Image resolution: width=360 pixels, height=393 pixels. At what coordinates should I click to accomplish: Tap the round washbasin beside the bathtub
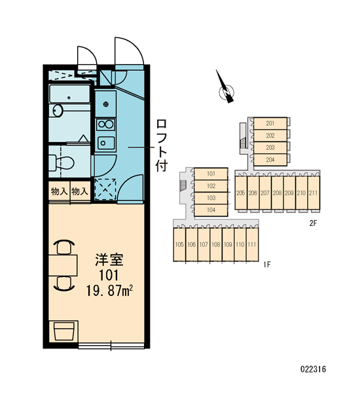click(58, 110)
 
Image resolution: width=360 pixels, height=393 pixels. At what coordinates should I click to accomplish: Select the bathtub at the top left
click(69, 94)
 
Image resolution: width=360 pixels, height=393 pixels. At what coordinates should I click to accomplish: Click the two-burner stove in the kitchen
click(106, 124)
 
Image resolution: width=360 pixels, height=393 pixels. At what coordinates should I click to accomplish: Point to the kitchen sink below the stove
click(106, 143)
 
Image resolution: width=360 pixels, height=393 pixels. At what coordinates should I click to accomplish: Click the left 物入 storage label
click(59, 192)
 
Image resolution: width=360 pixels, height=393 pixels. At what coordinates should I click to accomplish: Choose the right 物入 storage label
click(80, 192)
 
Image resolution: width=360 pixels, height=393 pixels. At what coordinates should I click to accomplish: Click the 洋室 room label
click(109, 259)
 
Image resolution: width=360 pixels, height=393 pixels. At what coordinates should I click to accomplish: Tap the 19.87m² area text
click(109, 291)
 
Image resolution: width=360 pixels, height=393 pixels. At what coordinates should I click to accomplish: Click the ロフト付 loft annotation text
click(161, 145)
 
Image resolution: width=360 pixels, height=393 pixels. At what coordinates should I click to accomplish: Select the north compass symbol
click(226, 90)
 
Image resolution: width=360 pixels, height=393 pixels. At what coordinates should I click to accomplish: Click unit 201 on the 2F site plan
click(270, 123)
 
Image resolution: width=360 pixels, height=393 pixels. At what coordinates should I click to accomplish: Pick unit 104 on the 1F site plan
click(211, 210)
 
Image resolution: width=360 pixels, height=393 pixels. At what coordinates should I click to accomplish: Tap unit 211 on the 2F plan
click(314, 193)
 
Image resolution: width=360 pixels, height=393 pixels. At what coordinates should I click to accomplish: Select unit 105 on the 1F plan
click(179, 244)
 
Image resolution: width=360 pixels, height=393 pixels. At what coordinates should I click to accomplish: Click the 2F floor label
click(313, 223)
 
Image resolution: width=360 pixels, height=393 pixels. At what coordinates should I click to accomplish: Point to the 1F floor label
click(267, 265)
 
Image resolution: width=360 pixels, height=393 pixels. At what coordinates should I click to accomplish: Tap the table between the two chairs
click(63, 265)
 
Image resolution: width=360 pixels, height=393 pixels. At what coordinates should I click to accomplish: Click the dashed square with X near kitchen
click(105, 189)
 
